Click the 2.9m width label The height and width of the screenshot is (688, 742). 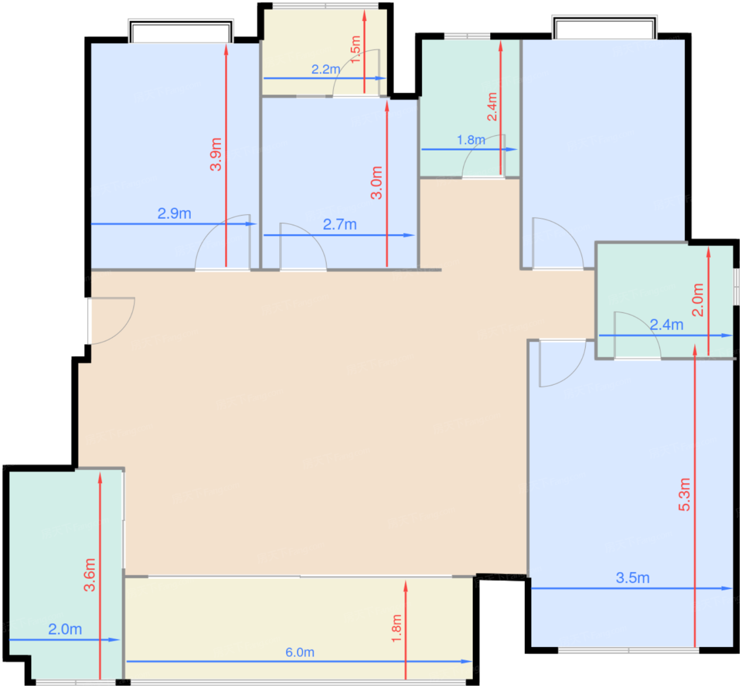[x=174, y=214]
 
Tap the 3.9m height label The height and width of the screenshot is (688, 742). [x=216, y=154]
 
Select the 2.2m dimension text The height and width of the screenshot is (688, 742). [x=325, y=69]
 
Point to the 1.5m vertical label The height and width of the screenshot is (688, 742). [x=356, y=49]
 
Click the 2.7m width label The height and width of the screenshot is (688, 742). [x=340, y=225]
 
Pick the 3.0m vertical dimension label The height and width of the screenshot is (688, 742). [x=376, y=183]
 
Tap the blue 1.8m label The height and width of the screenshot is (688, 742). [x=471, y=140]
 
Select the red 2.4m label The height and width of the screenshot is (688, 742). [x=492, y=107]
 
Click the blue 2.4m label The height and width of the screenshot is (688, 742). [x=666, y=325]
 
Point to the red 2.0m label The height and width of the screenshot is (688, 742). [x=698, y=300]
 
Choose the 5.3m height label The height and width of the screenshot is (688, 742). [x=684, y=495]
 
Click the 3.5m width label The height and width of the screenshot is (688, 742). [x=632, y=578]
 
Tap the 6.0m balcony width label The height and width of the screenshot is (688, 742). [x=300, y=652]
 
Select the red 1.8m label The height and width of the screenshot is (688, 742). [x=396, y=629]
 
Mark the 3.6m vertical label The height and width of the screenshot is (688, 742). [x=90, y=575]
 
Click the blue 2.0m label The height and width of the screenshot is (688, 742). [x=65, y=630]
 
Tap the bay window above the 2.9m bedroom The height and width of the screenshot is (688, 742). [x=181, y=31]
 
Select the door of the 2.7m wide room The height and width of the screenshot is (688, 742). [x=303, y=248]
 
